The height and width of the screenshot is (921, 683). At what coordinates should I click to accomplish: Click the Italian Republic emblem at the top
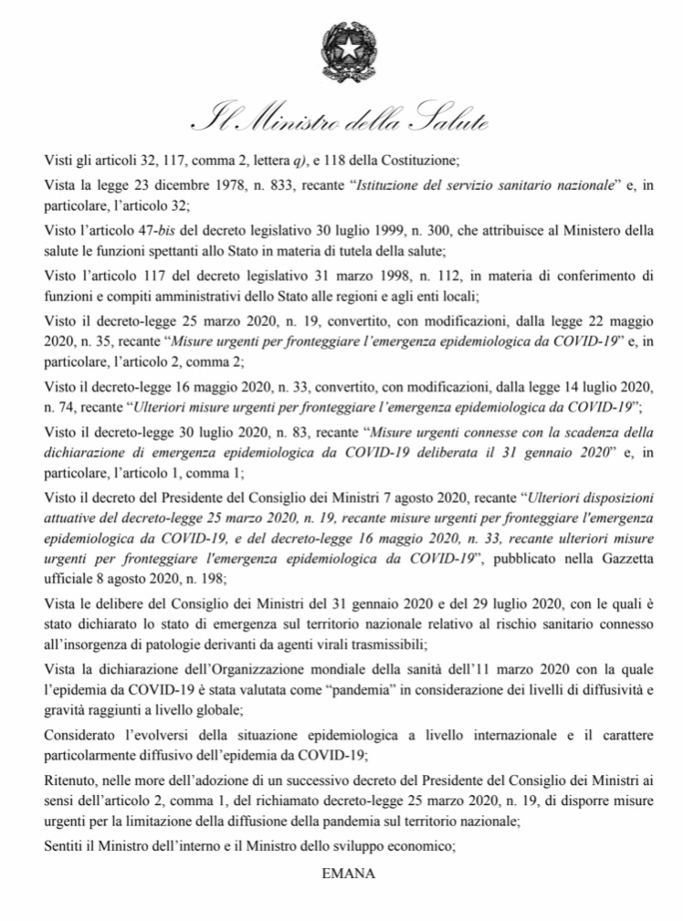tap(341, 49)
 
